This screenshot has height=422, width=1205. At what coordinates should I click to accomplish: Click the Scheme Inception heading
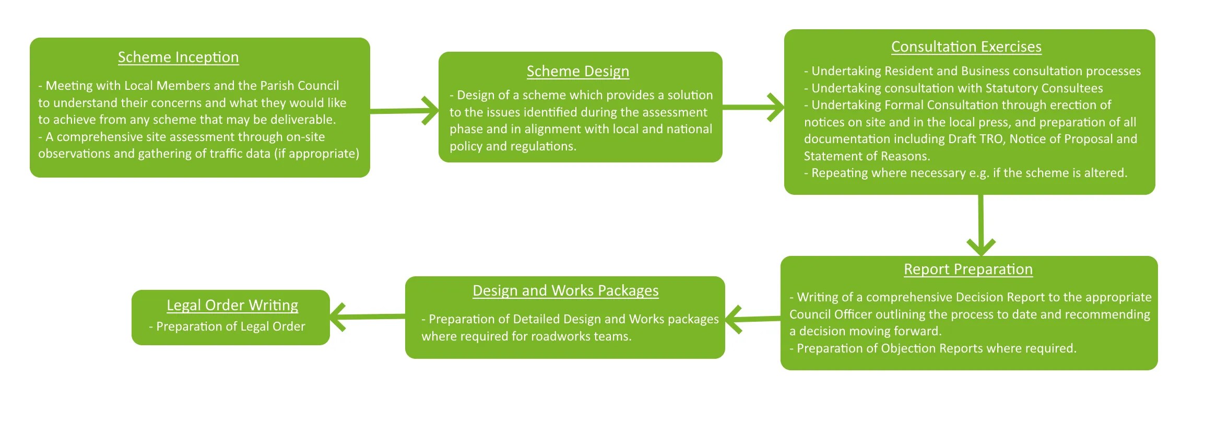[x=178, y=57]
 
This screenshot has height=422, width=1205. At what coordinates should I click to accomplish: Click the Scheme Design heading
[x=577, y=71]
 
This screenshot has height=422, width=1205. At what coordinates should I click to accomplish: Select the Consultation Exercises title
[x=966, y=46]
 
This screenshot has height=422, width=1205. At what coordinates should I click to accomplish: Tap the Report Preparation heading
[x=968, y=269]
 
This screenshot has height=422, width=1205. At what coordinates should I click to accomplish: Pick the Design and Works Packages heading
[x=565, y=290]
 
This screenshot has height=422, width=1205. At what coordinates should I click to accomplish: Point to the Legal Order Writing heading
[x=232, y=305]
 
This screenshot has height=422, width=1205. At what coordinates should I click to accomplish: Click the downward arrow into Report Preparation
[x=980, y=225]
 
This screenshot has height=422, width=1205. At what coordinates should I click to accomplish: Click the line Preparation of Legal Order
[x=230, y=326]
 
